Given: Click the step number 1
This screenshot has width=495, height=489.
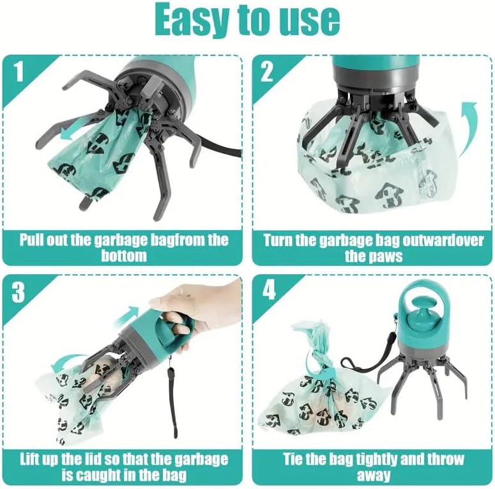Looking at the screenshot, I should tap(20, 72).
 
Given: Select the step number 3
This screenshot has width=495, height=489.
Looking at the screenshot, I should tap(20, 292).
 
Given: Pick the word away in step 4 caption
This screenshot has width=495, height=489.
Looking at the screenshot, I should tap(374, 476).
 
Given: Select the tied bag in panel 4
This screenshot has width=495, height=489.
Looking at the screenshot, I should tap(313, 396).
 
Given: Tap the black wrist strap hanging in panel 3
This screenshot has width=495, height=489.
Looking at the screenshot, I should tap(171, 396).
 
